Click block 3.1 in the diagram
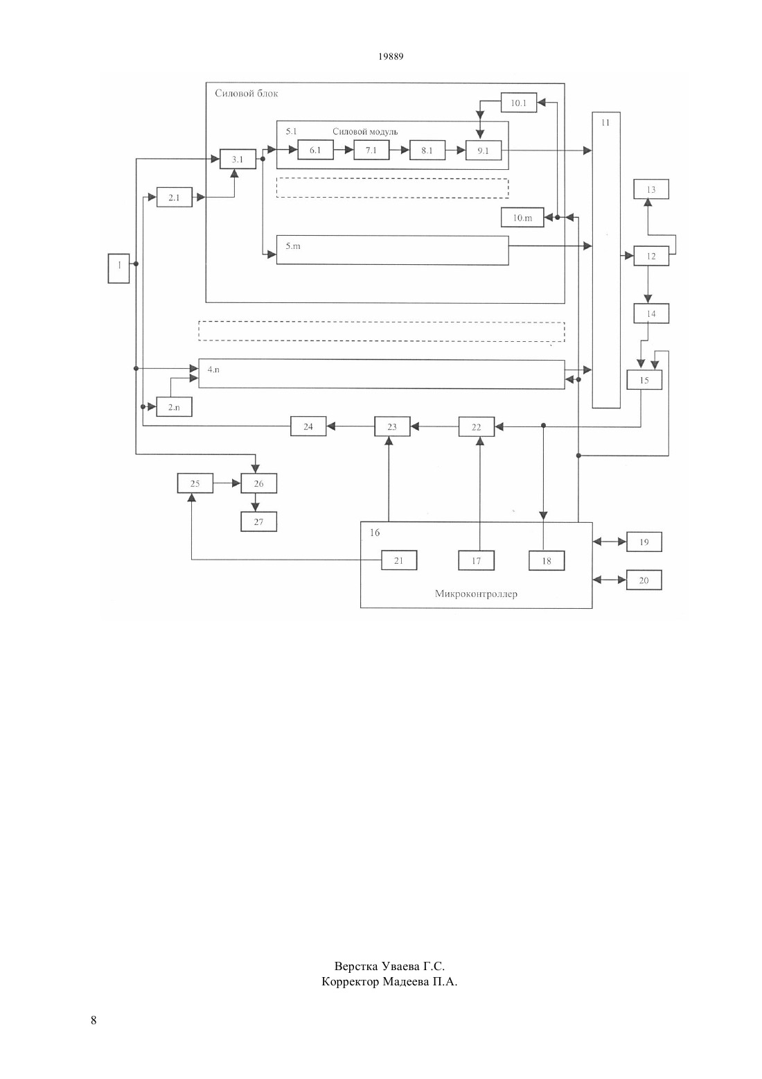pos(238,159)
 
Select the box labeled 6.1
pos(315,150)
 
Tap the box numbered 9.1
pos(484,150)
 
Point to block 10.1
pos(519,103)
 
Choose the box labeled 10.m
pos(522,217)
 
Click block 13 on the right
pos(651,189)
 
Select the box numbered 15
pos(644,379)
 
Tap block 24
pos(308,426)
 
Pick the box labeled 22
pos(477,426)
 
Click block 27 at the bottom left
pos(259,521)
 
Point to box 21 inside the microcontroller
pos(399,560)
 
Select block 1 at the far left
pos(118,268)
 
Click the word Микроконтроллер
pos(476,594)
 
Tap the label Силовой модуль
pos(365,132)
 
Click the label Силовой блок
pos(247,94)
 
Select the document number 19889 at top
pos(391,56)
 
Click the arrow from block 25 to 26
pos(227,483)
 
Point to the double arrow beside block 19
pos(609,542)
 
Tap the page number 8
pos(94,1020)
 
